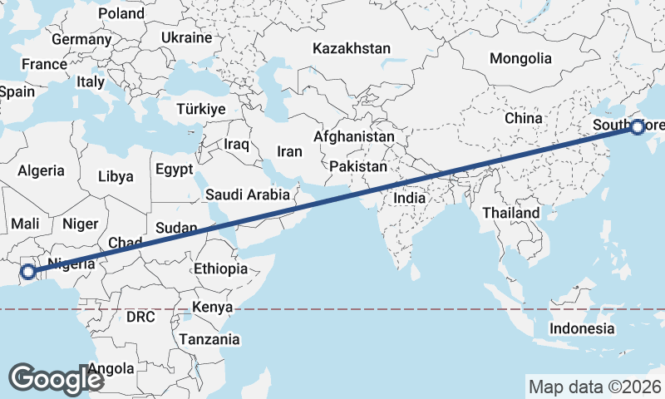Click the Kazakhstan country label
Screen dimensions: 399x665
[x=352, y=49]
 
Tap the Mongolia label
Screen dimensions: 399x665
[x=520, y=59]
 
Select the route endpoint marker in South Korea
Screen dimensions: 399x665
[x=638, y=127]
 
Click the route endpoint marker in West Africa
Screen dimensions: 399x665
[x=27, y=271]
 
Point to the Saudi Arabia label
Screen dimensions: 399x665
[x=248, y=195]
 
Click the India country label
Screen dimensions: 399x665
[x=409, y=199]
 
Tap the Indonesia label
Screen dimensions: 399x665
[x=581, y=328]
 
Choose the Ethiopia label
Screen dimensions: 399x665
[x=220, y=268]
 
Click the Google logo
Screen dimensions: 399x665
[x=56, y=378]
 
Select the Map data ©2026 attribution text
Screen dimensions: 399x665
[x=595, y=387]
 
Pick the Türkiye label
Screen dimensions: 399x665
[x=200, y=110]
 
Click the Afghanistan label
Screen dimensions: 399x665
[x=354, y=136]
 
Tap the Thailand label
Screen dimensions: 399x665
[x=511, y=213]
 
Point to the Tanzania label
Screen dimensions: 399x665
[x=209, y=339]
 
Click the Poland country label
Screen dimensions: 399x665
[x=121, y=14]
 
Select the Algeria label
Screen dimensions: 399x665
[x=41, y=170]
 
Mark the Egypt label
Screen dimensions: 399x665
[x=174, y=170]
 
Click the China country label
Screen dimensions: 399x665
[x=523, y=119]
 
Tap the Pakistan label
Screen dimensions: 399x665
[x=358, y=167]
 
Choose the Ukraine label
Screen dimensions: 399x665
[x=186, y=38]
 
